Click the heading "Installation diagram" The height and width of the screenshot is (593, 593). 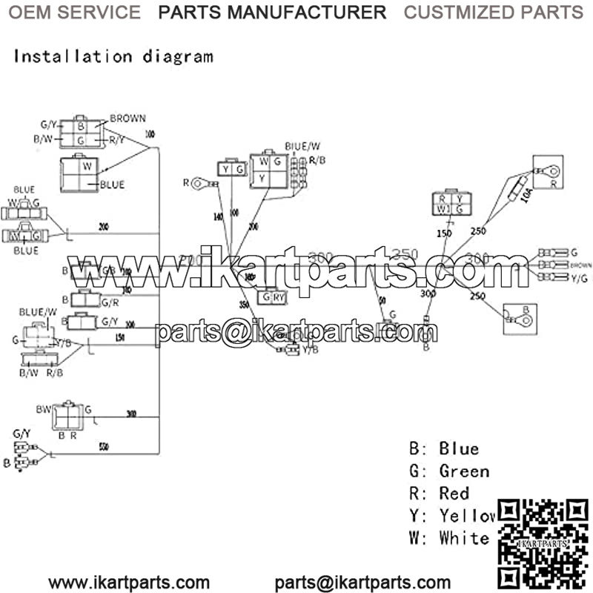[113, 56]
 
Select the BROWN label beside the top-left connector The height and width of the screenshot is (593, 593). [127, 118]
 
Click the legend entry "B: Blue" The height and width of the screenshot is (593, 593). [444, 448]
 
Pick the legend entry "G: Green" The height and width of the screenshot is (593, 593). [449, 471]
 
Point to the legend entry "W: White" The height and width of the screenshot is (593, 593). [449, 537]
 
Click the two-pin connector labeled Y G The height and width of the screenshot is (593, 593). [231, 170]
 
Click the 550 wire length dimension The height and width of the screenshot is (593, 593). [103, 447]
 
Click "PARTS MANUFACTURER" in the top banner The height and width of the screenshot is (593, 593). [272, 13]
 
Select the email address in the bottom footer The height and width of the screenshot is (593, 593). [362, 583]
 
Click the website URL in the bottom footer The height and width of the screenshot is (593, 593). [129, 583]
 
